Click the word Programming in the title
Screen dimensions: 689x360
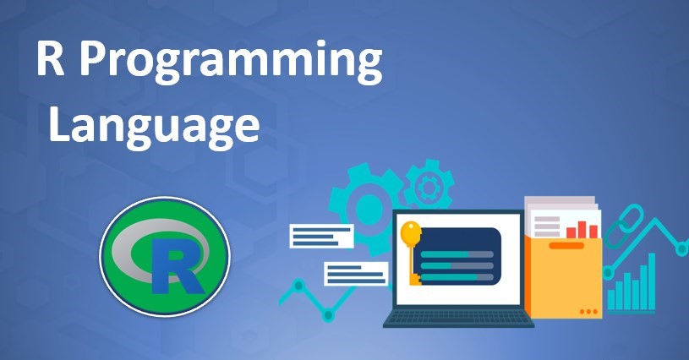tap(230, 62)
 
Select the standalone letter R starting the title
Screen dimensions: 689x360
tap(50, 57)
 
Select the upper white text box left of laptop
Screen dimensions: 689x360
tap(321, 236)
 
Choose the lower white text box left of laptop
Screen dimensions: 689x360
tap(356, 274)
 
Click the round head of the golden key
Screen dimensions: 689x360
tap(410, 232)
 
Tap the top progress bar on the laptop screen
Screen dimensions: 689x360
tap(457, 254)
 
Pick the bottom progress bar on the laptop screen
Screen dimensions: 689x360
tap(457, 277)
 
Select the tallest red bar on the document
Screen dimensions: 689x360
tap(582, 230)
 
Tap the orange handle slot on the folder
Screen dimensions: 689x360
tap(566, 245)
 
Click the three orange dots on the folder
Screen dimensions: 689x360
tap(588, 312)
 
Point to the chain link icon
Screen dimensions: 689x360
tap(624, 226)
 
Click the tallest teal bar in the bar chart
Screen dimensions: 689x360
tap(651, 281)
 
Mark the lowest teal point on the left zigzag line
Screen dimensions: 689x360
tap(328, 314)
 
